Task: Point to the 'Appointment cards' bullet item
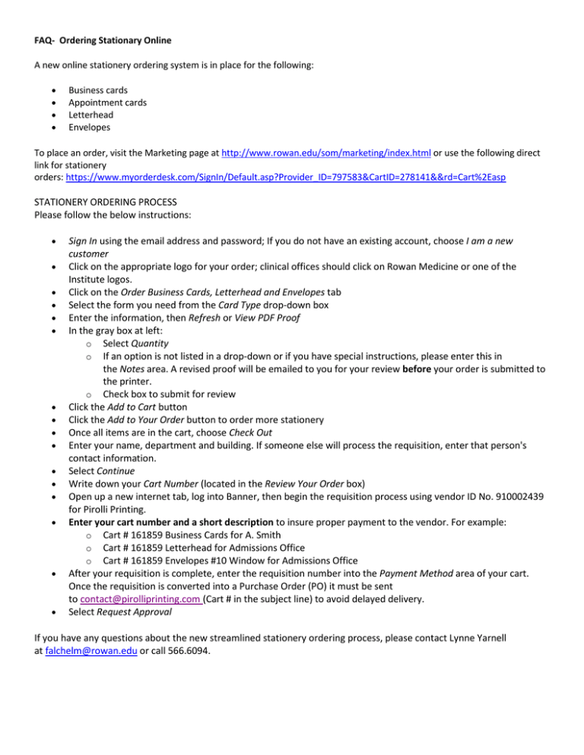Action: pos(107,102)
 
